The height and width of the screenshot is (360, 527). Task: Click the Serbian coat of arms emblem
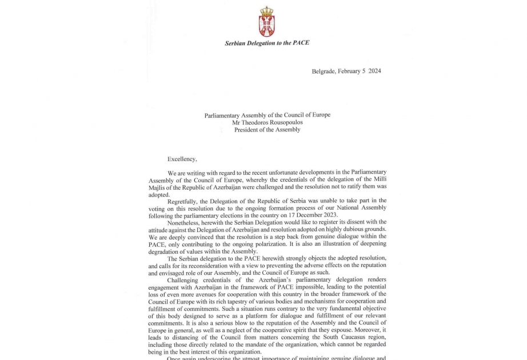267,22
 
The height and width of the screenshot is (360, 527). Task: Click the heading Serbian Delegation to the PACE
267,43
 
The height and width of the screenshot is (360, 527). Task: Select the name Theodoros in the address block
258,122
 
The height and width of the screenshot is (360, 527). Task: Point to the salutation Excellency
182,159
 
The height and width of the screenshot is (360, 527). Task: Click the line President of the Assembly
267,130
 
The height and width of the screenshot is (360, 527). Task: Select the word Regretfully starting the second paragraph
184,201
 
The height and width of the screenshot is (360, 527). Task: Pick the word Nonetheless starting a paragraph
185,222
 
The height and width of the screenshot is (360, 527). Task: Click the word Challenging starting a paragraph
185,280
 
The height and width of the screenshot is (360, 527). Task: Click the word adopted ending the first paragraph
159,194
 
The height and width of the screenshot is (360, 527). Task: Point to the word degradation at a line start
166,251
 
